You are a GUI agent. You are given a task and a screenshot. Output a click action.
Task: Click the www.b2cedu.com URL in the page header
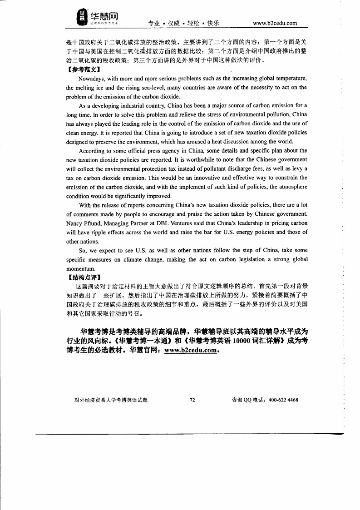pyautogui.click(x=275, y=23)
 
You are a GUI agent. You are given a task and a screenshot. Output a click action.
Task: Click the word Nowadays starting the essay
pyautogui.click(x=93, y=79)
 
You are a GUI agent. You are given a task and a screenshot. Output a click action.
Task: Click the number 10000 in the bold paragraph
pyautogui.click(x=244, y=342)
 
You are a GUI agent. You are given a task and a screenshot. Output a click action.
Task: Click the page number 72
pyautogui.click(x=192, y=400)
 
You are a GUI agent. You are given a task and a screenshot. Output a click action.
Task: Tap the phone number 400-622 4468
pyautogui.click(x=283, y=400)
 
